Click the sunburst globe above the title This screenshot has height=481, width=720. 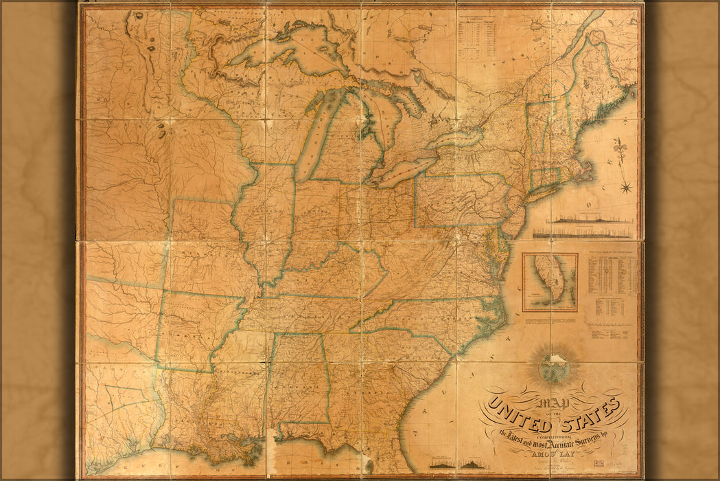coord(553,368)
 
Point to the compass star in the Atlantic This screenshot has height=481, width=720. coord(626,186)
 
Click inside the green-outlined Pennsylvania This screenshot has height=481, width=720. coord(456,199)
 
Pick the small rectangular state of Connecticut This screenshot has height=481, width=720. coord(543,178)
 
